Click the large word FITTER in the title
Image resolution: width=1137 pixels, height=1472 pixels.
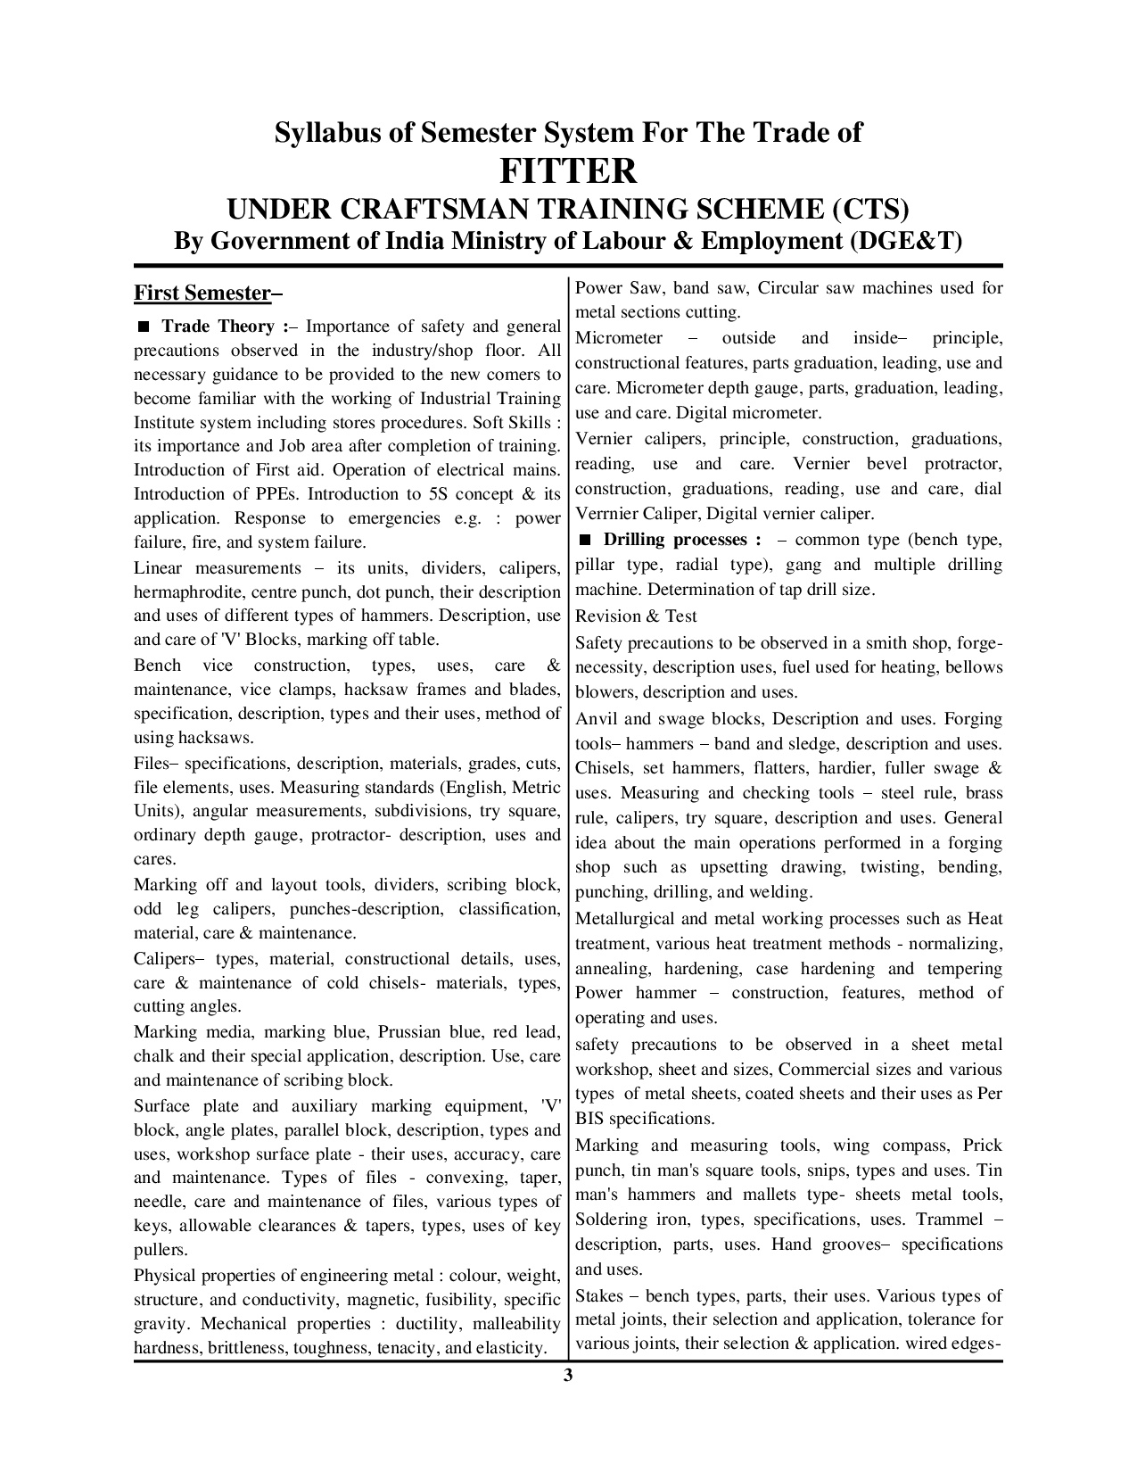point(568,170)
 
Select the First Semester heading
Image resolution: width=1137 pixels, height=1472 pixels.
point(201,293)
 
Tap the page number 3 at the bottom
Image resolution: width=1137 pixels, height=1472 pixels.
point(567,1375)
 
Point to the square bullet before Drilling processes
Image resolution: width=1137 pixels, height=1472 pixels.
point(585,540)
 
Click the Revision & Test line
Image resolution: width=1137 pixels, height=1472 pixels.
point(636,616)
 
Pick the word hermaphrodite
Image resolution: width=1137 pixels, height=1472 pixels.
point(189,591)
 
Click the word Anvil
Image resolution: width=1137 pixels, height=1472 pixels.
point(595,718)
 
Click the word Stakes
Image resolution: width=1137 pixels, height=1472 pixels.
point(598,1295)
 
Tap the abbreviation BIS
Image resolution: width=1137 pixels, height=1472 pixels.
point(590,1118)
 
